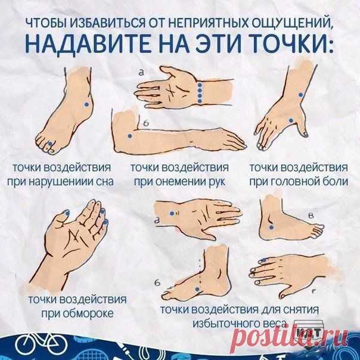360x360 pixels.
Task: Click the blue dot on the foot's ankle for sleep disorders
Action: tap(86, 104)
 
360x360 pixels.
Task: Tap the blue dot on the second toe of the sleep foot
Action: tap(49, 144)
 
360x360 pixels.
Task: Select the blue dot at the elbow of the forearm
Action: tap(129, 136)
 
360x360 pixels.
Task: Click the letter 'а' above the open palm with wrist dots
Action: tap(141, 73)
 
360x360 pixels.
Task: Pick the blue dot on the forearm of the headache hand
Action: tap(301, 95)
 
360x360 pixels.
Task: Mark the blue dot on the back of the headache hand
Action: tap(291, 120)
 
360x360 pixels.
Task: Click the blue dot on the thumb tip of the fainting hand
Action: tap(67, 213)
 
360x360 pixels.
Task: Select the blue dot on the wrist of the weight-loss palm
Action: tap(172, 213)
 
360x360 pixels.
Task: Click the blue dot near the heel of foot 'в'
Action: tap(271, 227)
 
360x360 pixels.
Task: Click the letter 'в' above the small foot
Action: tap(311, 216)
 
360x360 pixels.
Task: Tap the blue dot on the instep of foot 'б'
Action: tap(197, 289)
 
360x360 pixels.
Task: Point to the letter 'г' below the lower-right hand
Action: tap(314, 291)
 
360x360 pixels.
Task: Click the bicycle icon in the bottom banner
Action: tap(40, 345)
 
